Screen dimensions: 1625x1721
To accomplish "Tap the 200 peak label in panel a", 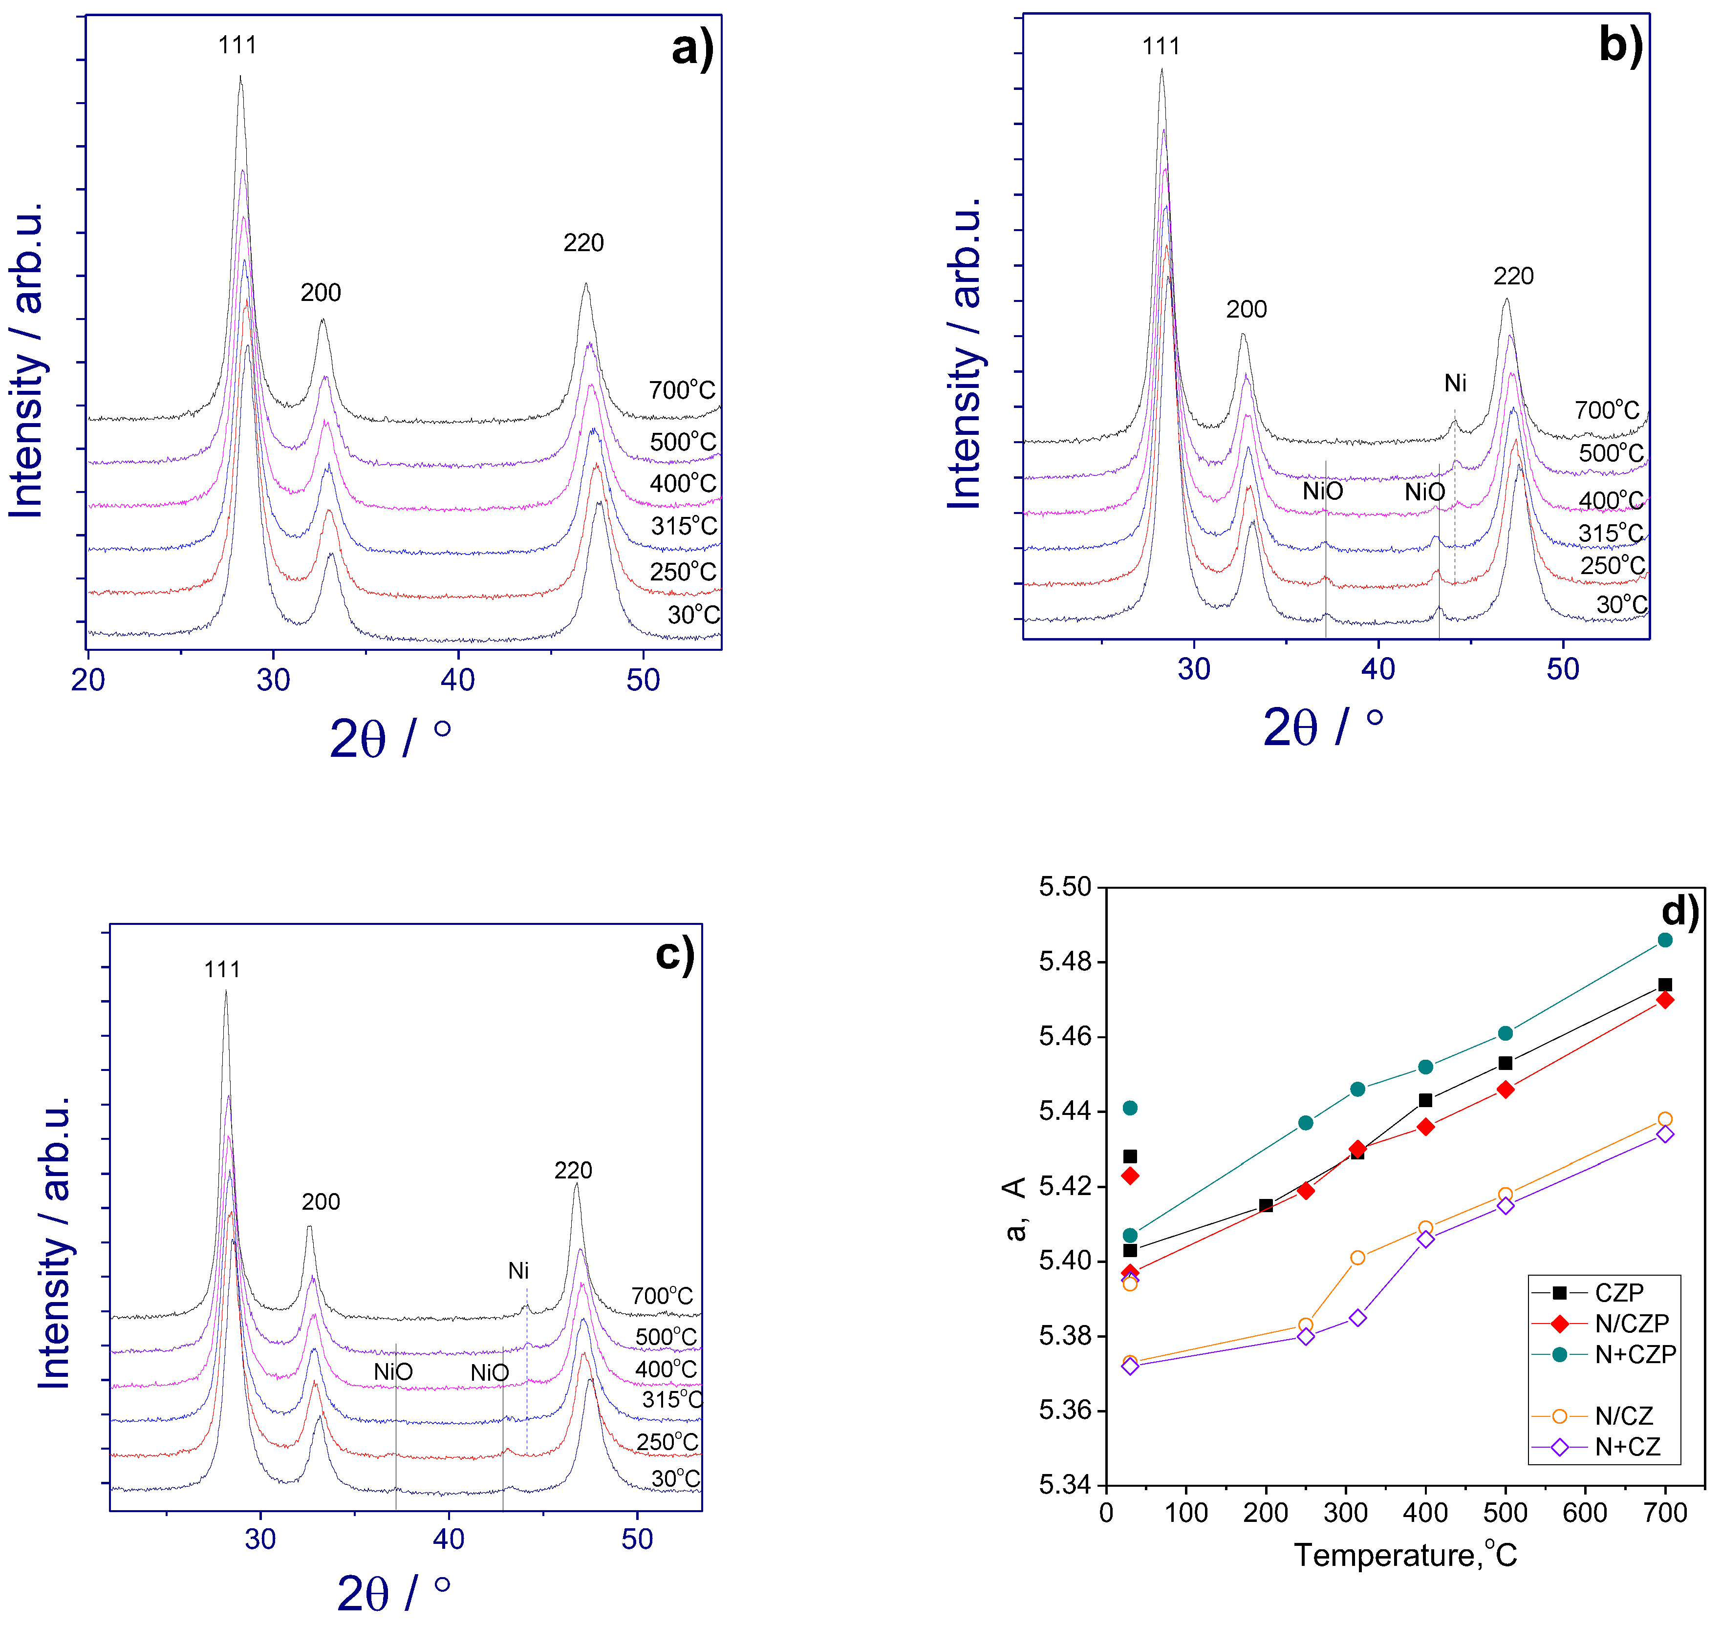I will click(321, 293).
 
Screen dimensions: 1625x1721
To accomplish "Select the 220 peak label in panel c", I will click(573, 1170).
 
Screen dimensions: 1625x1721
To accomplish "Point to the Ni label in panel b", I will click(1455, 383).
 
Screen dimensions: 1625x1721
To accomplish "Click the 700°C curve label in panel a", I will click(683, 391).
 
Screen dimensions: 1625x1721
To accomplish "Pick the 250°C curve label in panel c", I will click(667, 1441).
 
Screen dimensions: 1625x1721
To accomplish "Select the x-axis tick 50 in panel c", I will click(638, 1539).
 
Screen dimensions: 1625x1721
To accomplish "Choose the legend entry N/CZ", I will click(1624, 1416).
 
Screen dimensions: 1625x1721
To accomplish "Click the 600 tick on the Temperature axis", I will click(1585, 1513).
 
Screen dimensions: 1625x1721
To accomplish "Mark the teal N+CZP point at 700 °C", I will click(1665, 941).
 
